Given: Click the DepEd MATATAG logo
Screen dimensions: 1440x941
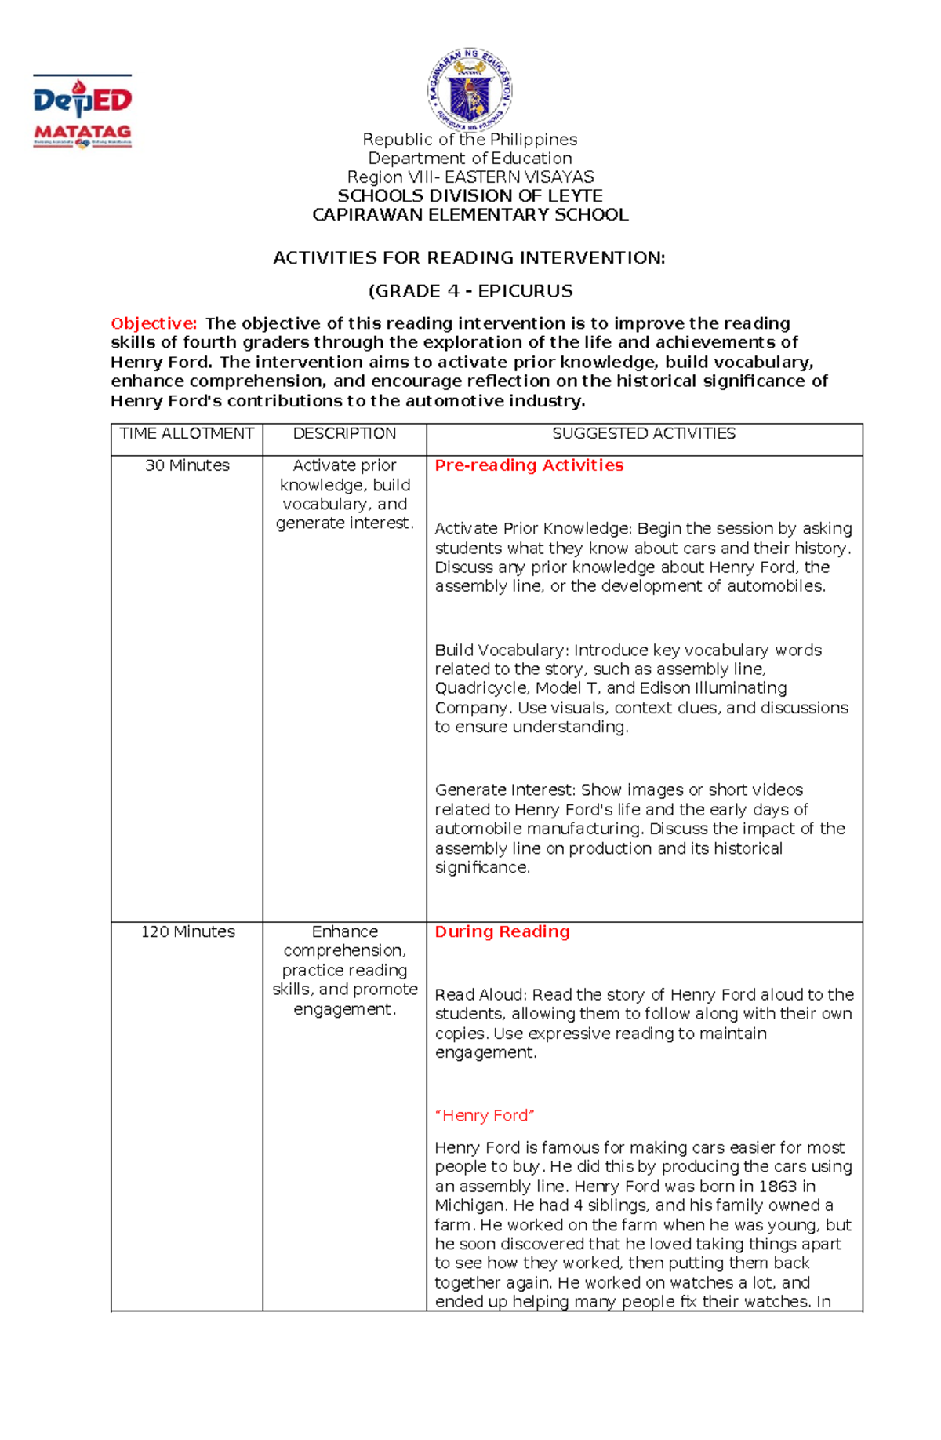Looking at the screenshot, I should pyautogui.click(x=82, y=111).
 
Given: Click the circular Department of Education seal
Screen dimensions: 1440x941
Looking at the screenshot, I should pyautogui.click(x=470, y=89).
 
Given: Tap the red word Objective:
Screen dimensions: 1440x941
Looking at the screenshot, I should pyautogui.click(x=154, y=323).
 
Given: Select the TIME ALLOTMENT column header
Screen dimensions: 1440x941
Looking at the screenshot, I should pyautogui.click(x=187, y=434).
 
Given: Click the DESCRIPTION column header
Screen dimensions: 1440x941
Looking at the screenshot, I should pyautogui.click(x=344, y=434).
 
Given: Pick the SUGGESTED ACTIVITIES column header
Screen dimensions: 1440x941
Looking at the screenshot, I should pyautogui.click(x=644, y=434).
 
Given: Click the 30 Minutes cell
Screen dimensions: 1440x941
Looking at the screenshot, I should pyautogui.click(x=187, y=465).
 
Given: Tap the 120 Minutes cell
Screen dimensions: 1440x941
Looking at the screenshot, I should pyautogui.click(x=187, y=931).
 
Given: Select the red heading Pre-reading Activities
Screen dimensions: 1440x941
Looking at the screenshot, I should pyautogui.click(x=529, y=465).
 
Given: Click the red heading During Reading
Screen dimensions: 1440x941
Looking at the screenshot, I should pyautogui.click(x=502, y=931).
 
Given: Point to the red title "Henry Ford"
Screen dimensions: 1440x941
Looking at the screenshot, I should pyautogui.click(x=485, y=1115).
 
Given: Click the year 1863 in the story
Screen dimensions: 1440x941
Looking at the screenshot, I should pyautogui.click(x=777, y=1186).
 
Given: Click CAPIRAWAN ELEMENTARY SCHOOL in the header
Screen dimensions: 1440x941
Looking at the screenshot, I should pyautogui.click(x=470, y=215).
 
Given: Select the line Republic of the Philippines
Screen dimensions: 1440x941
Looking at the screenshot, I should pyautogui.click(x=470, y=140).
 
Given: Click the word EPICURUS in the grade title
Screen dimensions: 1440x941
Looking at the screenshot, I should pyautogui.click(x=525, y=291).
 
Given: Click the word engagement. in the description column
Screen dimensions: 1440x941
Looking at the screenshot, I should pyautogui.click(x=345, y=1009).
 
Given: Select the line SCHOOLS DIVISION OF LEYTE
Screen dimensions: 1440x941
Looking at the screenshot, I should pyautogui.click(x=470, y=196).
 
